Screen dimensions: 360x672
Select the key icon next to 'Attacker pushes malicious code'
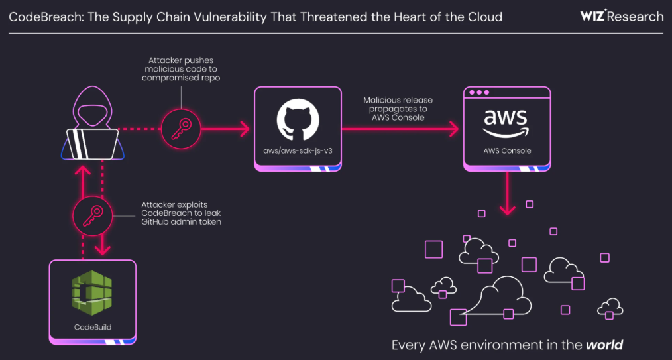coord(181,128)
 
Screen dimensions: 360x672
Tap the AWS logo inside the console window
coord(506,123)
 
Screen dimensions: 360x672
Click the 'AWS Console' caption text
coord(506,151)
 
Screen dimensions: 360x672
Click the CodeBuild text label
coord(92,327)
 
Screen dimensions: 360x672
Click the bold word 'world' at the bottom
coord(604,345)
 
